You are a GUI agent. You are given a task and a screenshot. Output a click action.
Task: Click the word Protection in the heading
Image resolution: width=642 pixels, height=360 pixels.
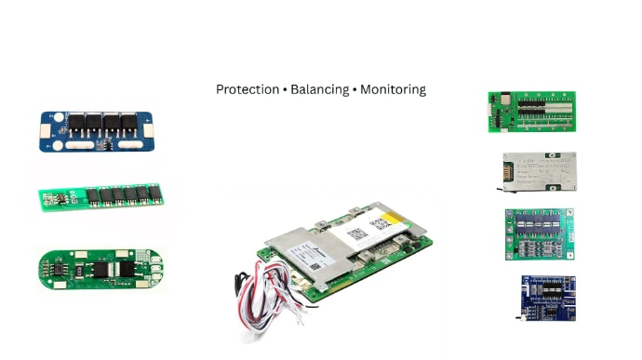pos(247,90)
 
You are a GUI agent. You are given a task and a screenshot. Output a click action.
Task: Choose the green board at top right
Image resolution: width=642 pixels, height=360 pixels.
pos(531,112)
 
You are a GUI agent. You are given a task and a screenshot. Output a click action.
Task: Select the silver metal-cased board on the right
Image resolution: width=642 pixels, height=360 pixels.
pos(537,172)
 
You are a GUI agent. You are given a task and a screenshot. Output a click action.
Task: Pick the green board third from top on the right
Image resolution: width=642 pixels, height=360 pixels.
pos(539,234)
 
